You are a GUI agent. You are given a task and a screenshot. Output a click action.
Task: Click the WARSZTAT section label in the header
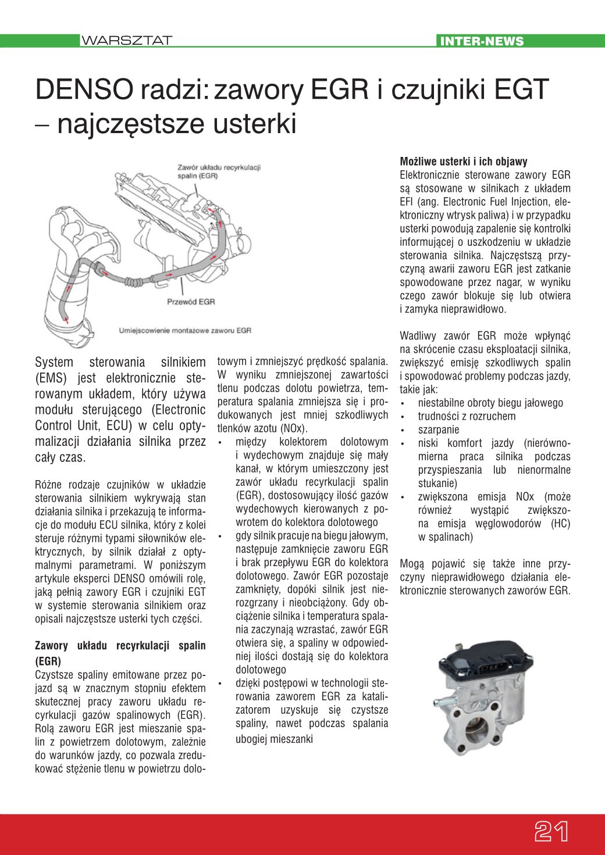[126, 41]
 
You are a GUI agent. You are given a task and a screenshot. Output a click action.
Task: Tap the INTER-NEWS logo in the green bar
[482, 41]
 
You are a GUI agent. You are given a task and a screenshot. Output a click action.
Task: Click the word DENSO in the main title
[84, 90]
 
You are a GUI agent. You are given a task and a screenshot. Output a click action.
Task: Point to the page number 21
[551, 832]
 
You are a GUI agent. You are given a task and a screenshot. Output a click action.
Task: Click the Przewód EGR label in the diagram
[191, 302]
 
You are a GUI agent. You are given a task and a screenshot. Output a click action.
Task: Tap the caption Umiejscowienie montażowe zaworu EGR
[185, 330]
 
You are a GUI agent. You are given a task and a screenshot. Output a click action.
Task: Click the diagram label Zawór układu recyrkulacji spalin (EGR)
[219, 171]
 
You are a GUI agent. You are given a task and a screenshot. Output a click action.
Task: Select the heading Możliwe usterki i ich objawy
[464, 162]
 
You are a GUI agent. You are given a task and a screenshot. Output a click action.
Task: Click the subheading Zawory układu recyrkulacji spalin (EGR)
[120, 653]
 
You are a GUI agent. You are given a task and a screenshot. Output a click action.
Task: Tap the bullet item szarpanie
[439, 430]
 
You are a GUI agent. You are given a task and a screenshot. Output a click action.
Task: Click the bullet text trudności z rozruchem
[467, 416]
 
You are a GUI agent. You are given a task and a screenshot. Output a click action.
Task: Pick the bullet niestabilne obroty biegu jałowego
[490, 403]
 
